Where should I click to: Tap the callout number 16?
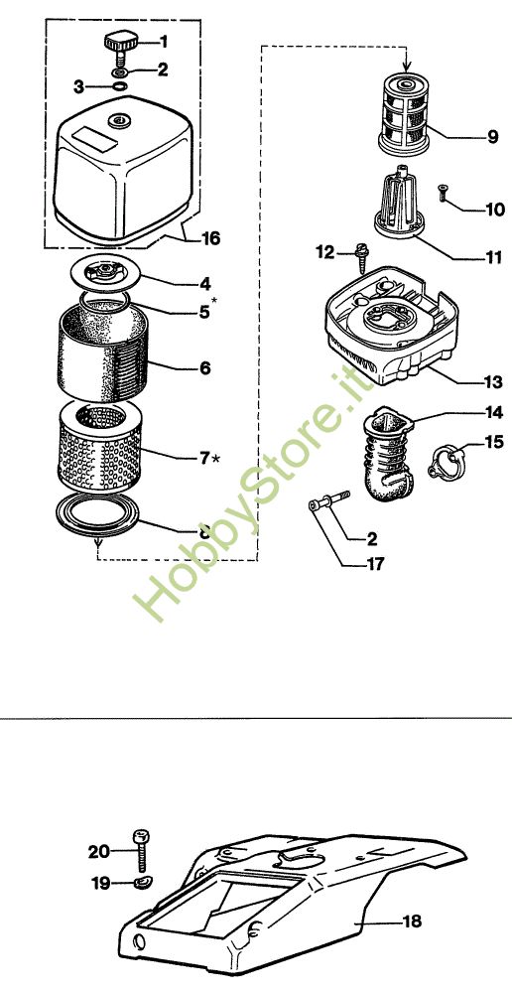(210, 238)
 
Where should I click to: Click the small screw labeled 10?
(443, 194)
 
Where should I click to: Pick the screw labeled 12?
(362, 258)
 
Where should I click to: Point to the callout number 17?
(375, 563)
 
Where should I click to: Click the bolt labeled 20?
(142, 848)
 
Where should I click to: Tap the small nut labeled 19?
(143, 882)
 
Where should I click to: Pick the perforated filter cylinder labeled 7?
(98, 451)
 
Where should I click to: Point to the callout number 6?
(205, 367)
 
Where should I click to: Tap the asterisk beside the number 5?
(214, 306)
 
